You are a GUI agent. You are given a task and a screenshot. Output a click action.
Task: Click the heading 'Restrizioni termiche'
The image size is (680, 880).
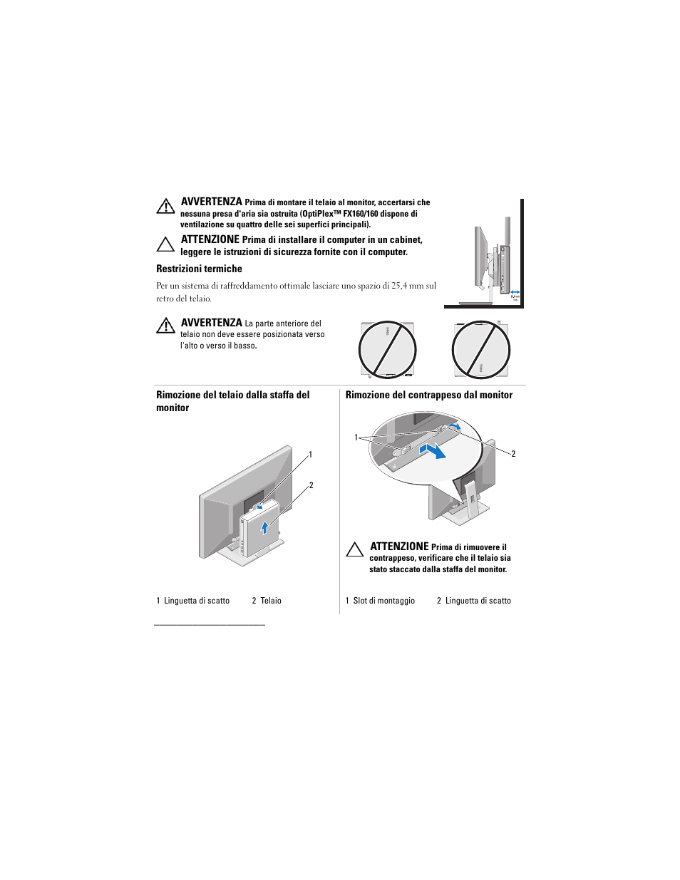(199, 269)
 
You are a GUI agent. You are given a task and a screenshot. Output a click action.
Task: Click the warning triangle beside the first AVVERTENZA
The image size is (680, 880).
(165, 206)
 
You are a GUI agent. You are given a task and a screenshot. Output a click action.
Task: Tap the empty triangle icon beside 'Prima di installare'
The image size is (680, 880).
(165, 244)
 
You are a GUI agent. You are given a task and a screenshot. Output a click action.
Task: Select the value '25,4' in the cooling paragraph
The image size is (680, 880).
(398, 286)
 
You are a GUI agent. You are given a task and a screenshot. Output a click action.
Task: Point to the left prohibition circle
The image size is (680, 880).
(387, 349)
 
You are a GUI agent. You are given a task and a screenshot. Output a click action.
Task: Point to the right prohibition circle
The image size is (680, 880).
(481, 349)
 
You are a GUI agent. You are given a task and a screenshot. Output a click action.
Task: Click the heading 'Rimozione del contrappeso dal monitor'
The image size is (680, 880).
(428, 395)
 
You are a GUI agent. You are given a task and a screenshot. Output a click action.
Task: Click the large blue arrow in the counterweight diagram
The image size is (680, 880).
(433, 450)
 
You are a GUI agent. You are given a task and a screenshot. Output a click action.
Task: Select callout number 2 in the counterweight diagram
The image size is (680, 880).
(513, 454)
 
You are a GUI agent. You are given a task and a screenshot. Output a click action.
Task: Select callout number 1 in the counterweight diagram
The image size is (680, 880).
(356, 438)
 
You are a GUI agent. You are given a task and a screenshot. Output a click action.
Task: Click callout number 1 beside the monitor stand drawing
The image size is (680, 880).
(310, 455)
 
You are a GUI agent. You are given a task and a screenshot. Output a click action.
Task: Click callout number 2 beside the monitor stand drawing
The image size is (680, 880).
(311, 485)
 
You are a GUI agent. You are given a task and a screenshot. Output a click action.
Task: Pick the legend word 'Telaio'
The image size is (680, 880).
(271, 601)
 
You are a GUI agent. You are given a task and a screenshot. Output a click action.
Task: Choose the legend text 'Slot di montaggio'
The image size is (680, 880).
(383, 601)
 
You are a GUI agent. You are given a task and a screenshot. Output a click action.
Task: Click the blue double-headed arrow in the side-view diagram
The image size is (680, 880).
(515, 291)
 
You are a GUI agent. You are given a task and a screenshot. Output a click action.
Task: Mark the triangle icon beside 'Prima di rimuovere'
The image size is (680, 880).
(355, 549)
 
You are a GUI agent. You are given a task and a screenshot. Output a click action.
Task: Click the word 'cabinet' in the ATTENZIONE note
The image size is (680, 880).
(405, 240)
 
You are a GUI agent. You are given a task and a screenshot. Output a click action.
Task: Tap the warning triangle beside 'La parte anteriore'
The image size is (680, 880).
(165, 326)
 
